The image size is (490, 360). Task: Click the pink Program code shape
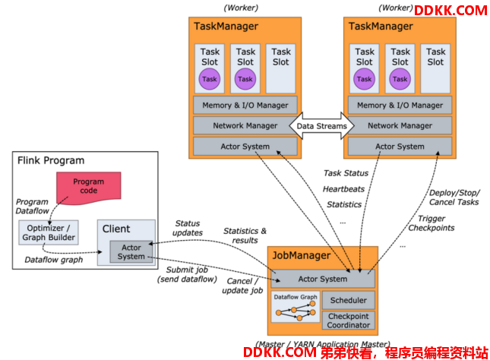point(89,188)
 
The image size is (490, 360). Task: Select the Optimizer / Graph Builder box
point(49,232)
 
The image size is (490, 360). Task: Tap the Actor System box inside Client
point(131,252)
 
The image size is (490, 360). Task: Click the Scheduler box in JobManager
point(349,300)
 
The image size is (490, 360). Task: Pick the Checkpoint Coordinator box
point(349,321)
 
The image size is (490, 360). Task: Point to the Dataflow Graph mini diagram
point(296,307)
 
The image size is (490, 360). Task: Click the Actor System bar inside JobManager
point(323,279)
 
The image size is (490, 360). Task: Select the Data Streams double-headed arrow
point(321,125)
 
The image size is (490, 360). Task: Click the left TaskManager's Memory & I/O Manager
point(245,106)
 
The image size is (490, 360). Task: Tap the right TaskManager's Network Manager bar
point(400,125)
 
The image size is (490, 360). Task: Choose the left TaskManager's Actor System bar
point(245,147)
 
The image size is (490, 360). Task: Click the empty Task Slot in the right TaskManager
point(435,69)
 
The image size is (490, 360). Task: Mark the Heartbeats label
point(343,189)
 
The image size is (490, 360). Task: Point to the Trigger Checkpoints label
point(432,223)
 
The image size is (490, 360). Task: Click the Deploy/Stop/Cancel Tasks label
point(454,197)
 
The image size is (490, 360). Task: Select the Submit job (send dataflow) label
point(187,274)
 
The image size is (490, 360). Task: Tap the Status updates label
point(188,228)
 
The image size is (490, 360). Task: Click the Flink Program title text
point(51,160)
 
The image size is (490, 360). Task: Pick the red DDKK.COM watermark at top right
point(450,11)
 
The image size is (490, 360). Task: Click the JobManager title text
point(302,256)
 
